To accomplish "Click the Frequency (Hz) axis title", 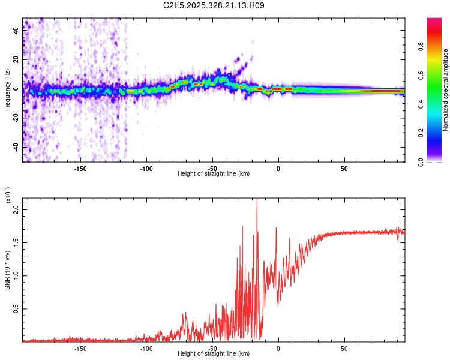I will pyautogui.click(x=7, y=90).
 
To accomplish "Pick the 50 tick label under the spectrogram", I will pyautogui.click(x=344, y=168).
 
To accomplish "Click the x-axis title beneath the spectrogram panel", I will pyautogui.click(x=214, y=174).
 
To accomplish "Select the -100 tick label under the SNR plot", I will pyautogui.click(x=146, y=348).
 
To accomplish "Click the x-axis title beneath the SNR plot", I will pyautogui.click(x=214, y=354).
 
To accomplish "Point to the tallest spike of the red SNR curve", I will pyautogui.click(x=257, y=200).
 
